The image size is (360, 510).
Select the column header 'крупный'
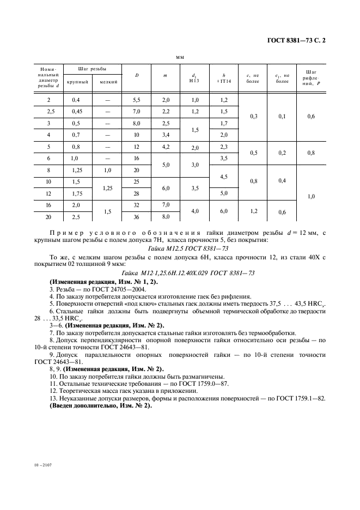click(77, 82)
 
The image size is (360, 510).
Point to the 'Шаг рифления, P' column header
click(311, 77)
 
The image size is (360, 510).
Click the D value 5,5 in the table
click(137, 100)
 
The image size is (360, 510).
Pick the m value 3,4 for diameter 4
click(166, 134)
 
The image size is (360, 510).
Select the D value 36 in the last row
click(137, 217)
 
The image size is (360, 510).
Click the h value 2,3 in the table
click(223, 147)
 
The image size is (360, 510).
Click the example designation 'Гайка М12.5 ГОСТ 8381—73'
click(180, 249)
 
